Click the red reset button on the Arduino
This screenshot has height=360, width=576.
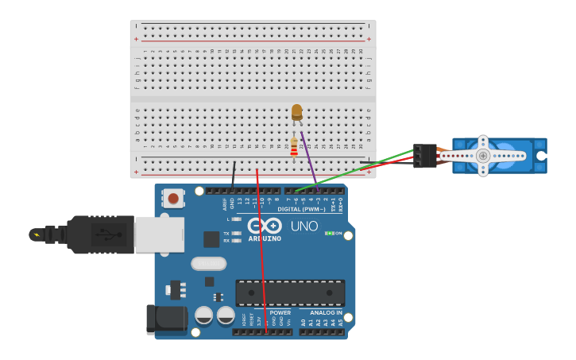[173, 198]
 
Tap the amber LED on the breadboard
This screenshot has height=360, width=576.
[296, 111]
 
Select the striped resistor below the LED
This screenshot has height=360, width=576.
[294, 147]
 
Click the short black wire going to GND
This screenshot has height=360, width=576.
[234, 175]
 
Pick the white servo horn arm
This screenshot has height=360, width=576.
[483, 156]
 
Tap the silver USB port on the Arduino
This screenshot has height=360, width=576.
[159, 234]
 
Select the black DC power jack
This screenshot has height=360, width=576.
[165, 319]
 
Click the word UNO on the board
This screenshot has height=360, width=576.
[304, 226]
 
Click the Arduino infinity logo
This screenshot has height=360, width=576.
[264, 225]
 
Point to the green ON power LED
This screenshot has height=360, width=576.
[329, 233]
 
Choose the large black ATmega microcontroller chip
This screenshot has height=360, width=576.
[290, 292]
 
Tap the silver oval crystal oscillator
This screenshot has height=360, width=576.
[208, 263]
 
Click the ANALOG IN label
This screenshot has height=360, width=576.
[326, 313]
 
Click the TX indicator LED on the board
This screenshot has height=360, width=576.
[235, 232]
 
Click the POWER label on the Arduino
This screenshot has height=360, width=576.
[280, 313]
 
